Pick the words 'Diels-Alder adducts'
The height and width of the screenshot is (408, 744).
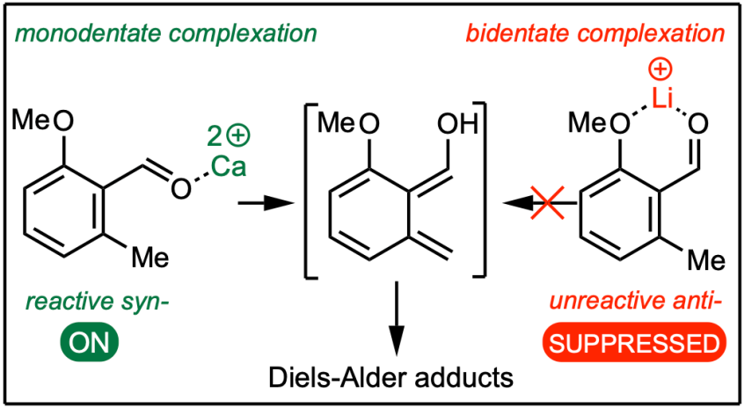click(389, 379)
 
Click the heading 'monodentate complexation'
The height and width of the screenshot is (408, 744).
click(164, 35)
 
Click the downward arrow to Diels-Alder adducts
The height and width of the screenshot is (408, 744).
click(398, 317)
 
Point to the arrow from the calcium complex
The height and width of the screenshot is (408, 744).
click(264, 203)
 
